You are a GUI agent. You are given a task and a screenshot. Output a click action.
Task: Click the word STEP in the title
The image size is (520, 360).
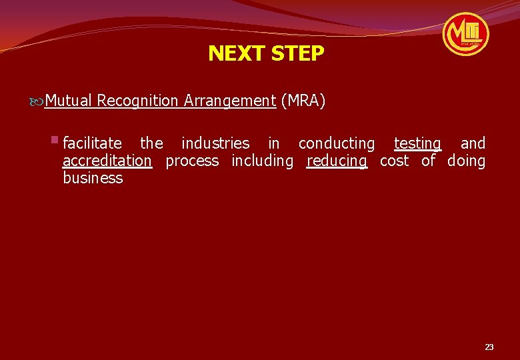coord(297,53)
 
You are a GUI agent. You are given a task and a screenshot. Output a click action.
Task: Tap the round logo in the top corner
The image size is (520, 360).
coord(466,33)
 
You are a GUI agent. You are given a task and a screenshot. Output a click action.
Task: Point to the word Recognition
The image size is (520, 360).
coord(138,101)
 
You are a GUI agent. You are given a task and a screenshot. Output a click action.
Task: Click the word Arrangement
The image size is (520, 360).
coord(230,101)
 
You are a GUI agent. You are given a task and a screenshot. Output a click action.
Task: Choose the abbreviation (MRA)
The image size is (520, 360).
coord(303,101)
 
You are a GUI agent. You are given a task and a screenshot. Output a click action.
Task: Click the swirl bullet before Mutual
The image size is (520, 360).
coord(37,102)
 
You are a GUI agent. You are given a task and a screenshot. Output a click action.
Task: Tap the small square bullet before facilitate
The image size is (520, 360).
coord(55,140)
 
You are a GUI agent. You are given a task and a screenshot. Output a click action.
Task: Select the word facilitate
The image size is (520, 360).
coord(92,143)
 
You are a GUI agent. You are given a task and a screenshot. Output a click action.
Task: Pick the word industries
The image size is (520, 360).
coord(215,143)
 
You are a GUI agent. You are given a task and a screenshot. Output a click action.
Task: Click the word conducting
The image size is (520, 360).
coord(337,143)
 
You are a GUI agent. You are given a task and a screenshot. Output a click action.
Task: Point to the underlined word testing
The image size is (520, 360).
coord(417,143)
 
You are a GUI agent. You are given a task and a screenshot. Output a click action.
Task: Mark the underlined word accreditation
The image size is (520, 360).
coord(107,161)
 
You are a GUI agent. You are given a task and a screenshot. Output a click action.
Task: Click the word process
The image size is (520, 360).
coord(192,161)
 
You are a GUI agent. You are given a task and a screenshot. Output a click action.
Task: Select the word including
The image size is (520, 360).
coord(262,161)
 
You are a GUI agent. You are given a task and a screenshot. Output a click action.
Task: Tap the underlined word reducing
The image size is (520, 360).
coord(337,161)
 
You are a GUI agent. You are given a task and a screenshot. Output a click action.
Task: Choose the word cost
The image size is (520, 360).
coord(394,161)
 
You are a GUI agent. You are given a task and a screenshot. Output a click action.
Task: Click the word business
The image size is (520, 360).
coord(93,178)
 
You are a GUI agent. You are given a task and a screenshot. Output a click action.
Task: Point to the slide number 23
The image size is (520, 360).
coord(489,347)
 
